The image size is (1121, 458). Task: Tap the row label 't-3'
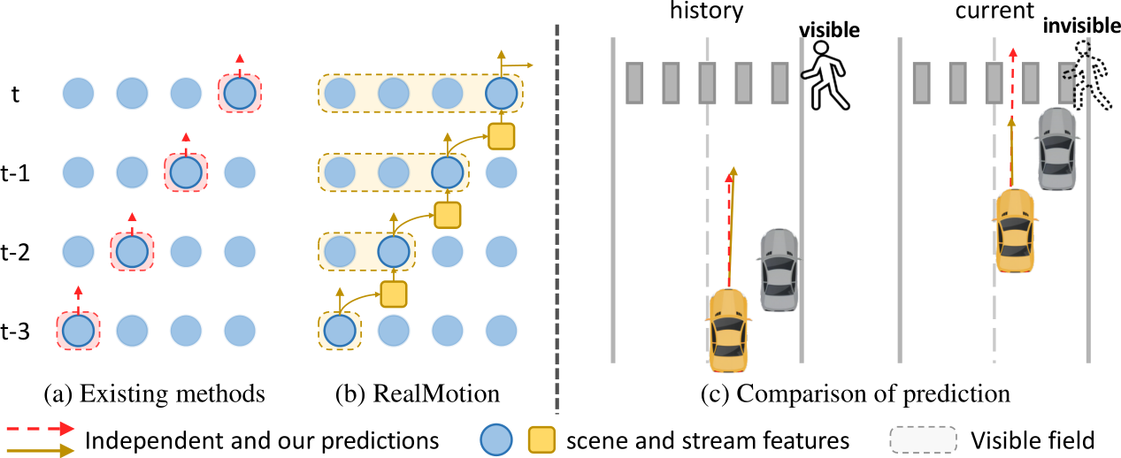17,331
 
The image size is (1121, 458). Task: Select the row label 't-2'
17,252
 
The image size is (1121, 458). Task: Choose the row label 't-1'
17,173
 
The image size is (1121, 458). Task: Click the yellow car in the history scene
727,328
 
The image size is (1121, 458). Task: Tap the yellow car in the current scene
1014,229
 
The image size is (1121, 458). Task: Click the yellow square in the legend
541,439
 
